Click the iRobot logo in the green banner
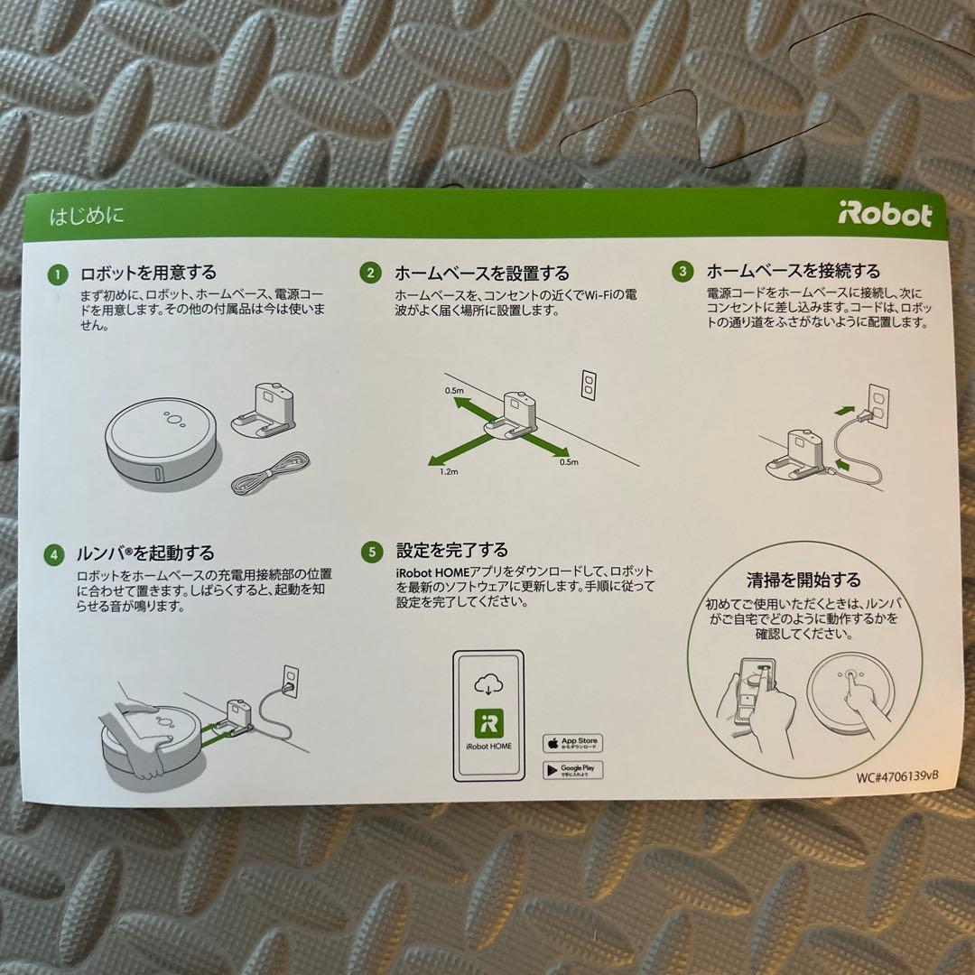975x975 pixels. pyautogui.click(x=885, y=215)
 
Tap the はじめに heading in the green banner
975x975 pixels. pyautogui.click(x=87, y=216)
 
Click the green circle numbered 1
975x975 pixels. pyautogui.click(x=58, y=273)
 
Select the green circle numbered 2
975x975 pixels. pyautogui.click(x=370, y=273)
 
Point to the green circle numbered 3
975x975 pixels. pyautogui.click(x=682, y=271)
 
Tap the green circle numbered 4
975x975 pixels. pyautogui.click(x=55, y=553)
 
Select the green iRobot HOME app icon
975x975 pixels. pyautogui.click(x=487, y=724)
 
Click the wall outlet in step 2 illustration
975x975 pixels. pyautogui.click(x=589, y=385)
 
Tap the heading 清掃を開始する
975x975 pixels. pyautogui.click(x=803, y=580)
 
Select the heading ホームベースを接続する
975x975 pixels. pyautogui.click(x=793, y=271)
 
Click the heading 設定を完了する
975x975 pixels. pyautogui.click(x=451, y=551)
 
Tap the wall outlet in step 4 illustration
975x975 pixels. pyautogui.click(x=289, y=679)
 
